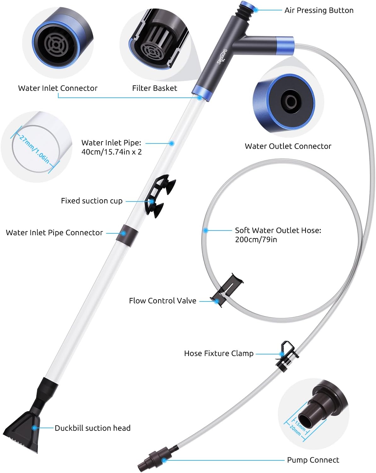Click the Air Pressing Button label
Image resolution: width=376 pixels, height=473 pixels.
pyautogui.click(x=319, y=10)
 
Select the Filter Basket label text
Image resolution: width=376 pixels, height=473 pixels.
pyautogui.click(x=154, y=88)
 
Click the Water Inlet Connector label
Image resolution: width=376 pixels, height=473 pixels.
pyautogui.click(x=58, y=88)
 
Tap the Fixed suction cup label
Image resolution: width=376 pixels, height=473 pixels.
pyautogui.click(x=92, y=201)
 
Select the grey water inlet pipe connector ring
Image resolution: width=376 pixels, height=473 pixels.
pyautogui.click(x=127, y=233)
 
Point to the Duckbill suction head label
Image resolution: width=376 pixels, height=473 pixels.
pyautogui.click(x=92, y=428)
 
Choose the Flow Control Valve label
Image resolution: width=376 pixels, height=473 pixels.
pyautogui.click(x=162, y=301)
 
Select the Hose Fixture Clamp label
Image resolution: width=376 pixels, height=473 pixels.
pyautogui.click(x=219, y=353)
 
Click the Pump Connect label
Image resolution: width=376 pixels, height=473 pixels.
pyautogui.click(x=313, y=460)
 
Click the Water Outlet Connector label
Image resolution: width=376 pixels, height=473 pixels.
pyautogui.click(x=288, y=146)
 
